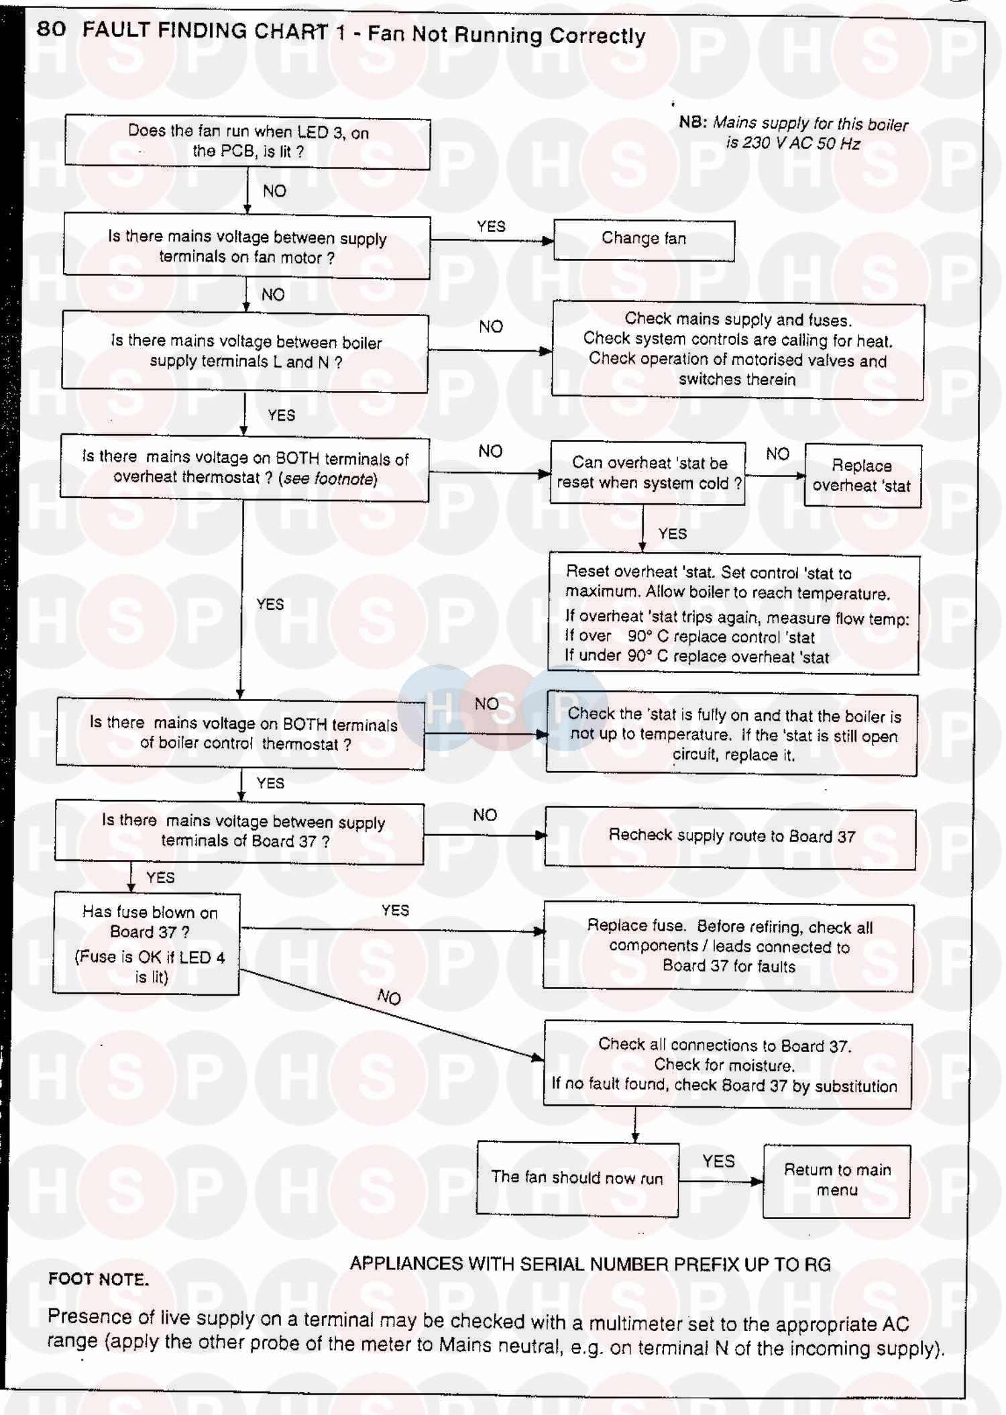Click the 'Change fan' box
pos(644,240)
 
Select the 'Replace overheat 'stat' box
pos(862,476)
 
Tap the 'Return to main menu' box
pos(837,1181)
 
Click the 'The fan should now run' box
pos(577,1179)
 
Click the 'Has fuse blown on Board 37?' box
pos(147,943)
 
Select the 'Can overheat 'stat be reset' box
pos(648,473)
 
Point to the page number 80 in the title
pos(51,29)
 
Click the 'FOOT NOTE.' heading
pos(99,1279)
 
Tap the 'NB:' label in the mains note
pos(693,122)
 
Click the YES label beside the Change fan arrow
pos(491,227)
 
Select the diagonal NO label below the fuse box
pos(389,997)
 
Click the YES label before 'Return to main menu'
pos(718,1161)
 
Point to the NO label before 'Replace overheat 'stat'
pos(777,454)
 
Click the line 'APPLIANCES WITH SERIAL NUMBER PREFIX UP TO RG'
pos(590,1264)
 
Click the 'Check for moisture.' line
pos(724,1065)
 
